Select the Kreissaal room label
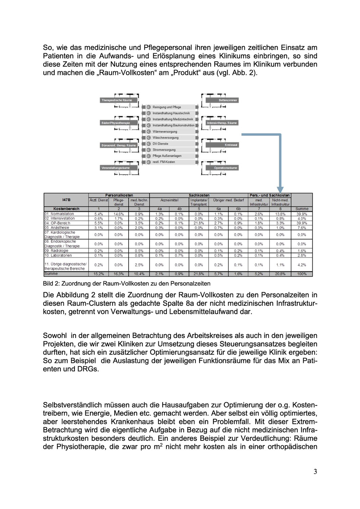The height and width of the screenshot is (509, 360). point(231,145)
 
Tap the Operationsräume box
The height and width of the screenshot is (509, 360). point(225,168)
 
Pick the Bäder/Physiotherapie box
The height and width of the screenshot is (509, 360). point(116,123)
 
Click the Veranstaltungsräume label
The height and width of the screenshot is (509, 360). point(115,168)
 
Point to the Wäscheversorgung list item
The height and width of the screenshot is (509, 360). point(165,138)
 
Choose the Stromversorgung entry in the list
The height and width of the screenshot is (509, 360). point(164,150)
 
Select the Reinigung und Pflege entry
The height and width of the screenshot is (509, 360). point(167,107)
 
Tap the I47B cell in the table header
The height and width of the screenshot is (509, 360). point(66,200)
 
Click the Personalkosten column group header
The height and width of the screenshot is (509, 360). point(119,195)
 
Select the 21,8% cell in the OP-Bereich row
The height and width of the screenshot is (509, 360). point(199,223)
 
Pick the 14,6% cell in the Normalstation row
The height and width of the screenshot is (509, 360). point(118,214)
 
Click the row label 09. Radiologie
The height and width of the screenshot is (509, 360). point(56,251)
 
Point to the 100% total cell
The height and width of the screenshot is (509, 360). point(302,274)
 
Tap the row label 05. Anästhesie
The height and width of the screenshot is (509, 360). point(57,228)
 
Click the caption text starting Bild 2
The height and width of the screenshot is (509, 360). point(127,283)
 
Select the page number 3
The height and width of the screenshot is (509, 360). point(315,471)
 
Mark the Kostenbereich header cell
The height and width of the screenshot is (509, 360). point(66,209)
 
